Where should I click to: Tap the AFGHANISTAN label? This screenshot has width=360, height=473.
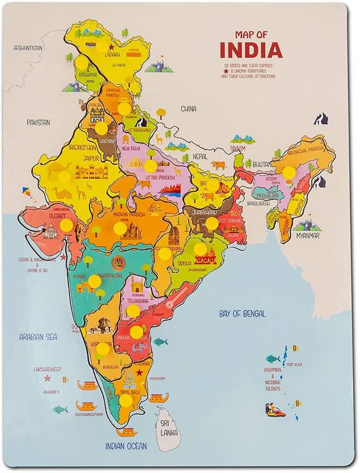(x=28, y=48)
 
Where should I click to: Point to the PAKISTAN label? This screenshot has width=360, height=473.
(x=38, y=122)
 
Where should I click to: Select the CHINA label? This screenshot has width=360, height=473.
(x=188, y=109)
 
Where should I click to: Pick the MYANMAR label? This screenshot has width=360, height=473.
(x=307, y=235)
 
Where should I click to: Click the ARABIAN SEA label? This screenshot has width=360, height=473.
(x=38, y=337)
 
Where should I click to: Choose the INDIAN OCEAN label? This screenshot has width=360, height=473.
(x=126, y=446)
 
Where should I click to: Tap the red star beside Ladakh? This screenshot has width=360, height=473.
(x=111, y=47)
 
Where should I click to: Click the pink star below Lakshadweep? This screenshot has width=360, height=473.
(x=47, y=377)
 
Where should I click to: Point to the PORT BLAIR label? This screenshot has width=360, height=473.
(x=293, y=364)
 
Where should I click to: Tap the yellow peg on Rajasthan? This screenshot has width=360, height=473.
(x=65, y=177)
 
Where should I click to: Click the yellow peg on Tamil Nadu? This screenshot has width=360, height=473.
(x=126, y=400)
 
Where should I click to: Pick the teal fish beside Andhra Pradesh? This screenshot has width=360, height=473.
(x=160, y=342)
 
